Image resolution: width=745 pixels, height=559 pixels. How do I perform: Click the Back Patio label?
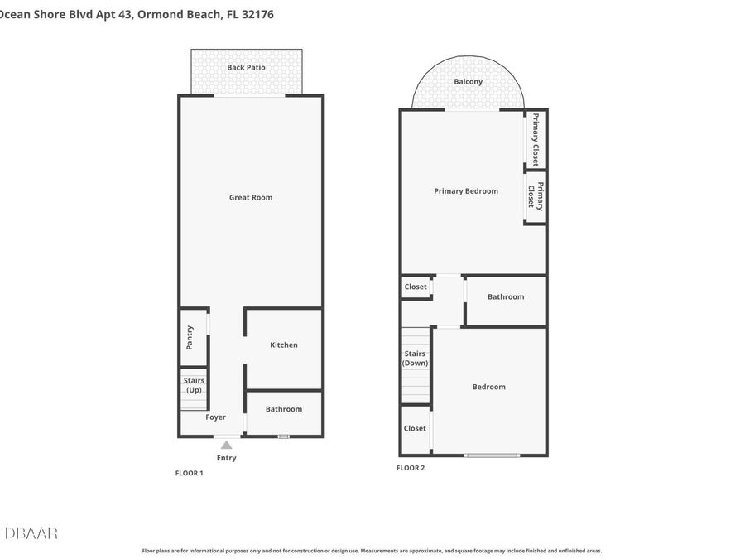(246, 68)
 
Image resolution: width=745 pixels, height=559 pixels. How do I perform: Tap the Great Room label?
(251, 197)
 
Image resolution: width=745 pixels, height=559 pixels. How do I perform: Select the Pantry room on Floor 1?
(194, 337)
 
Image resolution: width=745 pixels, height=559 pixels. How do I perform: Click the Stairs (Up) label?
(194, 385)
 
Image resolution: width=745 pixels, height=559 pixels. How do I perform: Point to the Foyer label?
(216, 417)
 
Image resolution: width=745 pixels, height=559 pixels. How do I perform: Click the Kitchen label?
(284, 345)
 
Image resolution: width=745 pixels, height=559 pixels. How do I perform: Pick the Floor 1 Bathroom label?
(284, 409)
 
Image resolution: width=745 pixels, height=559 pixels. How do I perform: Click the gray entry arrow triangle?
(227, 445)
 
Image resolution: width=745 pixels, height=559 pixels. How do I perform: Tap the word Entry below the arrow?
(226, 458)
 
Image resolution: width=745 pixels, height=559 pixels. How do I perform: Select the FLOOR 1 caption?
(189, 473)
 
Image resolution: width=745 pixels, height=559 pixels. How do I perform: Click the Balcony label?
(468, 82)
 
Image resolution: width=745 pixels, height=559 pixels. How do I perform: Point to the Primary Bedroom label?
(466, 191)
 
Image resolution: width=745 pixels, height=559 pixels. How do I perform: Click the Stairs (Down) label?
(416, 359)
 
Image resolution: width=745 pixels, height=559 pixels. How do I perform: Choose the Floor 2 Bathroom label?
(506, 296)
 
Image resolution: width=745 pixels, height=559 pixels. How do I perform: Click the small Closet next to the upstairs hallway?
(416, 287)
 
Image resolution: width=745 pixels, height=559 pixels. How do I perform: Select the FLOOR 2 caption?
(411, 468)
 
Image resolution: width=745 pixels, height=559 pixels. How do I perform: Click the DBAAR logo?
(31, 533)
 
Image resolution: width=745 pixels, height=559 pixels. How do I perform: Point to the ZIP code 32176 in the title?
(257, 14)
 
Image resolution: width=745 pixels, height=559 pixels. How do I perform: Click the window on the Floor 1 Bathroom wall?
(284, 436)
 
